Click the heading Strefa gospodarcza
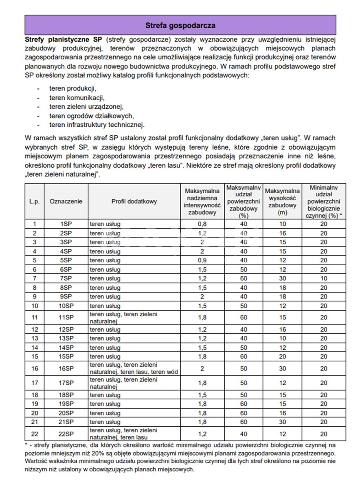180,25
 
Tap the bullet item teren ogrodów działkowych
92,115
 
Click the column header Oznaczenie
66,201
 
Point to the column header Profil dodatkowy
134,201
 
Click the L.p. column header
35,201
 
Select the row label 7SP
66,279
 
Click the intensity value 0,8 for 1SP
202,224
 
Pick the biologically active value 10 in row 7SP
323,279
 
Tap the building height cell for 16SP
282,368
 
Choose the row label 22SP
66,434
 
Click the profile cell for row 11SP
134,317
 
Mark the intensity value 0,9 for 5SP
202,260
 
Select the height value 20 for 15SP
282,356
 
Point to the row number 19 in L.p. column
35,404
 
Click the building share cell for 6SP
244,270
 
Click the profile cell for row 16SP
134,368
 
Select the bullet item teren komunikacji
77,97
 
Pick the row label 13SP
66,338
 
